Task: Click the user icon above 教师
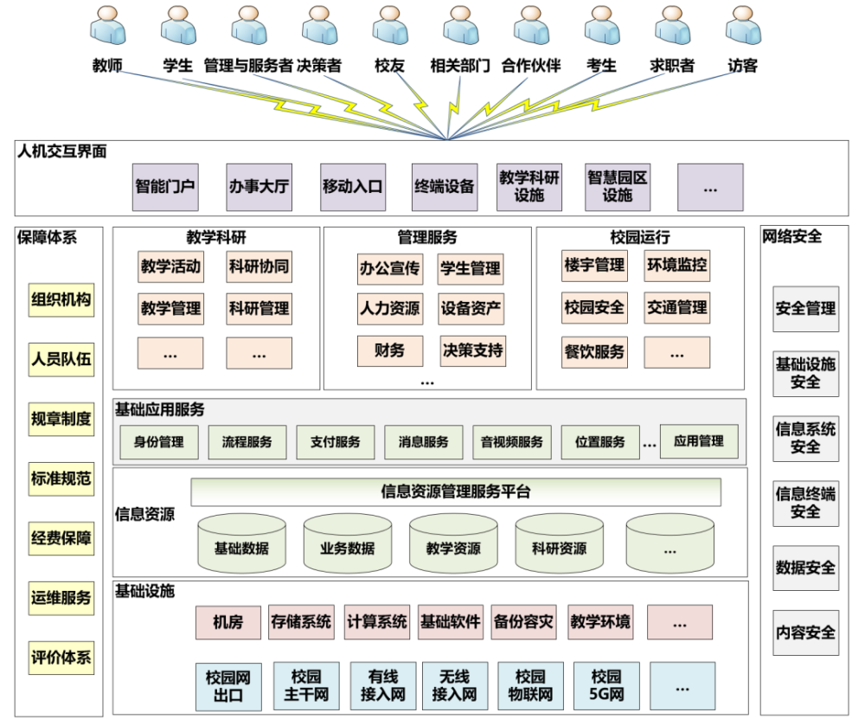[107, 28]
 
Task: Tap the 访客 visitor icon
[743, 28]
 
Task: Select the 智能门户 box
[165, 187]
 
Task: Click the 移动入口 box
[352, 187]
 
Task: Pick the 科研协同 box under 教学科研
[259, 266]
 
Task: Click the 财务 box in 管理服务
[390, 350]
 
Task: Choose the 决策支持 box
[472, 350]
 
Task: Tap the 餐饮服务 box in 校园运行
[594, 352]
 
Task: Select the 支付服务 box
[336, 442]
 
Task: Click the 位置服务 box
[599, 442]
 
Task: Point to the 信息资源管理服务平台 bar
[456, 492]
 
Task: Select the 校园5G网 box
[606, 685]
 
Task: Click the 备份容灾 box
[523, 622]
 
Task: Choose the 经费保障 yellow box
[61, 538]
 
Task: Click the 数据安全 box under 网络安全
[805, 568]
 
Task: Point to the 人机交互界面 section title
[62, 151]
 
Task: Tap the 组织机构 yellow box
[61, 300]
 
